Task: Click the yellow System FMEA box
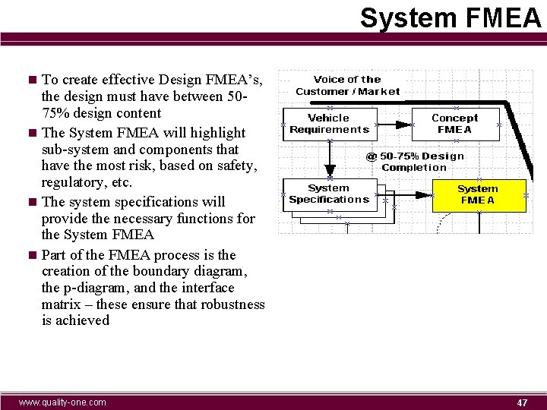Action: click(479, 194)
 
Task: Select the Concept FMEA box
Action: click(455, 123)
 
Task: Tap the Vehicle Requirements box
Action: click(329, 123)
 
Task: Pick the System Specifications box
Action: click(329, 194)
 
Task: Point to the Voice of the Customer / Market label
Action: click(347, 85)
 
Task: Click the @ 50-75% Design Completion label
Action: click(415, 162)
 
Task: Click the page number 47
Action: click(522, 402)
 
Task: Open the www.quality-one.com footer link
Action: click(62, 402)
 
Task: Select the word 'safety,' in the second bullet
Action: click(237, 166)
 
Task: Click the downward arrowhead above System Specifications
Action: click(329, 171)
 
